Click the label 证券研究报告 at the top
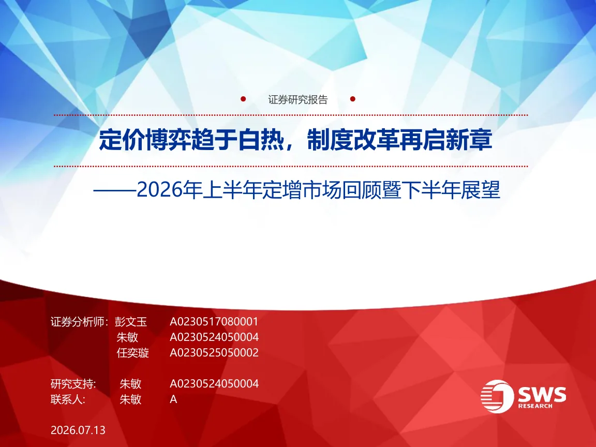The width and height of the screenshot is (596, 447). coord(297,99)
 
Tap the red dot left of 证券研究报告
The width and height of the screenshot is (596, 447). coord(243,99)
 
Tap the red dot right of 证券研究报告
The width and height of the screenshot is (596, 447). coord(353,99)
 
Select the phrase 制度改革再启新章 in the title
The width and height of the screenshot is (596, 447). coord(399,140)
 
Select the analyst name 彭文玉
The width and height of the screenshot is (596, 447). coord(131,322)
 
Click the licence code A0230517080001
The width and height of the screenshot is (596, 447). coord(214,322)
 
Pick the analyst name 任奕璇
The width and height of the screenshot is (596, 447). coord(132,353)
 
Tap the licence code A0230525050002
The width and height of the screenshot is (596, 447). coord(214,353)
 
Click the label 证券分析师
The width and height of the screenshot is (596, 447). coord(78,322)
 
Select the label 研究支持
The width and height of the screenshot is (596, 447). coord(72,384)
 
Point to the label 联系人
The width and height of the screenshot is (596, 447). coord(67,399)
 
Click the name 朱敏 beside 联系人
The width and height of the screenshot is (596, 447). coord(130,399)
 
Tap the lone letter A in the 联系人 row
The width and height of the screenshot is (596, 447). coord(173,399)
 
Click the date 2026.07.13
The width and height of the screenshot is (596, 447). coord(78,430)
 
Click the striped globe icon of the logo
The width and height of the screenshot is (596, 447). coord(497,396)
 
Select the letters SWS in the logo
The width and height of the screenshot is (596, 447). coord(542,395)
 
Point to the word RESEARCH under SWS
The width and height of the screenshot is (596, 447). coord(535,406)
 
